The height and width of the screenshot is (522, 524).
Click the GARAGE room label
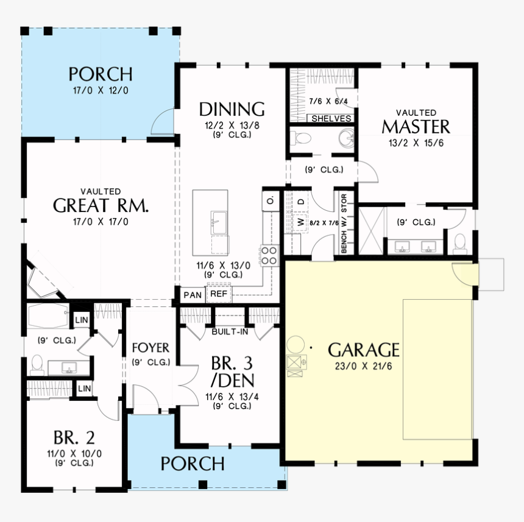(x=364, y=350)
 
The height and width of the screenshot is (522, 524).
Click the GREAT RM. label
(x=101, y=205)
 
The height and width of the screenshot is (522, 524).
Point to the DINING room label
(x=232, y=110)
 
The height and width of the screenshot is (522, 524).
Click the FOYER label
(x=150, y=348)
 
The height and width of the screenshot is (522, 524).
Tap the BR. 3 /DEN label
(x=232, y=372)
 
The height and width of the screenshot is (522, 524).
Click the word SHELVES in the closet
(x=331, y=119)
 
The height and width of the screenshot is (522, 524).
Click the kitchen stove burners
(x=269, y=252)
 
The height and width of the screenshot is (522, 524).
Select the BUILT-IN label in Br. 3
(x=230, y=332)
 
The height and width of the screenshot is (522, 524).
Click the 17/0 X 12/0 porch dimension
(x=100, y=91)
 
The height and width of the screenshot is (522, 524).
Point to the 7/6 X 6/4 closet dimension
(x=328, y=101)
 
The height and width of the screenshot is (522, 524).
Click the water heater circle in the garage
(x=296, y=344)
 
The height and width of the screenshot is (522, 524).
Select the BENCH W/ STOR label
(x=343, y=224)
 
